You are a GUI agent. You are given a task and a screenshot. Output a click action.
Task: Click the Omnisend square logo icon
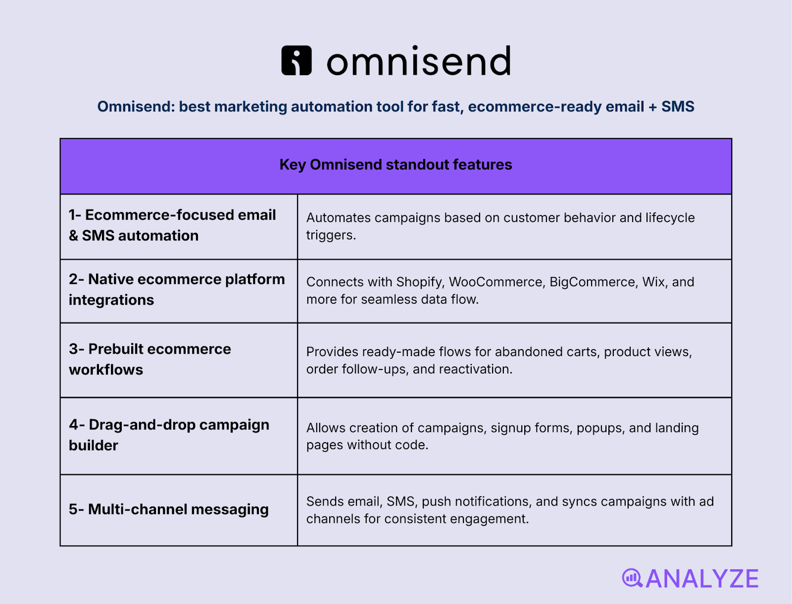pos(297,60)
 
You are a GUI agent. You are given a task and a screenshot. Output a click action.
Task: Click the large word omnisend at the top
pos(418,61)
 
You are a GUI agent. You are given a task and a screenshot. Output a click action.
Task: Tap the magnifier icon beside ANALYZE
pos(632,578)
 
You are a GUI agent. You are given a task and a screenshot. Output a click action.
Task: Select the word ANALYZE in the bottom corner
pos(702,579)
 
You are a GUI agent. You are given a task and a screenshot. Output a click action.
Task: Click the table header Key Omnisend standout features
pos(396,165)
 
